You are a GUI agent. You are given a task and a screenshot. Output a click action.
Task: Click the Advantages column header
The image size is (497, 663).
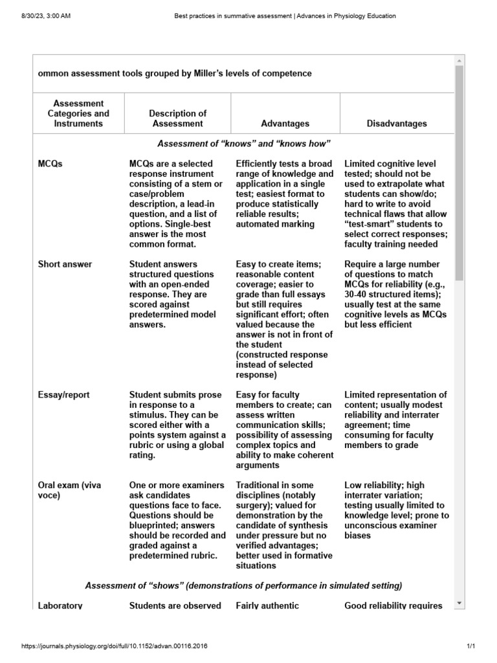pos(285,124)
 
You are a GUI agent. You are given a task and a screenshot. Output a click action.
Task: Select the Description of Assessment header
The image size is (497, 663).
pos(177,118)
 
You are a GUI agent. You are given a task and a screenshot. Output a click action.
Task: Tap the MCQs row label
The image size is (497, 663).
pos(50,164)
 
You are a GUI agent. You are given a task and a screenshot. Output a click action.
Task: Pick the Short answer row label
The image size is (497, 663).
pos(65,264)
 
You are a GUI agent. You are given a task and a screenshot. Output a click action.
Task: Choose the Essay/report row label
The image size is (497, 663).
pos(63,395)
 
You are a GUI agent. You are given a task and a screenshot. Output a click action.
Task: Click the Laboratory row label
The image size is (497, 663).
pos(60,606)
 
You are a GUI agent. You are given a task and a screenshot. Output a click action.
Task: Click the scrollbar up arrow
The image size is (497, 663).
pos(459,60)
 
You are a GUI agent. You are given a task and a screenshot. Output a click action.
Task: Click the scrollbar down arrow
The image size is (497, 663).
pos(459,603)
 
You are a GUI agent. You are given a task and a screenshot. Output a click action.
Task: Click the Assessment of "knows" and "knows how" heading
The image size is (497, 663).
pos(244,143)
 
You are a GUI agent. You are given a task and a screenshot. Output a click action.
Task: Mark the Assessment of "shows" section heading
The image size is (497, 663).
pos(244,585)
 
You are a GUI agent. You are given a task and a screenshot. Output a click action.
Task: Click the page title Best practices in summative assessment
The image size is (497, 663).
pos(285,16)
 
